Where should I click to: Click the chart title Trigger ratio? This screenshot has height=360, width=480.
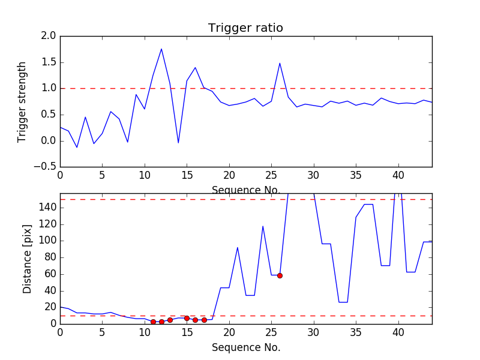pyautogui.click(x=245, y=28)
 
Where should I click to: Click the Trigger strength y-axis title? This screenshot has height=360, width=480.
pyautogui.click(x=22, y=101)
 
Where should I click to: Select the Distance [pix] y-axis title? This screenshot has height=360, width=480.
pyautogui.click(x=27, y=259)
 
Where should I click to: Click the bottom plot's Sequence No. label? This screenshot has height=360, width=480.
pyautogui.click(x=245, y=347)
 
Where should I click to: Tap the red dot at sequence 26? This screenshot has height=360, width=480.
pyautogui.click(x=280, y=275)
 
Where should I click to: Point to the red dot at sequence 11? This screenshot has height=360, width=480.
pyautogui.click(x=153, y=322)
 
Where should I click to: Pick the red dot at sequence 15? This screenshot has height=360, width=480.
pyautogui.click(x=187, y=318)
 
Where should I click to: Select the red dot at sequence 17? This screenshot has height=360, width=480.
pyautogui.click(x=204, y=320)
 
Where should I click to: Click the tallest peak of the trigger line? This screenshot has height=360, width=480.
pyautogui.click(x=161, y=49)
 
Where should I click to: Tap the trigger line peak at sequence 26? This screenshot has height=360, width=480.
pyautogui.click(x=280, y=63)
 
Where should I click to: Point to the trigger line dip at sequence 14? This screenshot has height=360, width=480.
pyautogui.click(x=178, y=143)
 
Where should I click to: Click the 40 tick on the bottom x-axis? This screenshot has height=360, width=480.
pyautogui.click(x=398, y=331)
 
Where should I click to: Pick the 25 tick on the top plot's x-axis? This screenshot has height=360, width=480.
pyautogui.click(x=271, y=175)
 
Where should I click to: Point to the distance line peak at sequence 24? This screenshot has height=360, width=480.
pyautogui.click(x=263, y=226)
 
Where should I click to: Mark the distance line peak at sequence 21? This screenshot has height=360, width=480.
pyautogui.click(x=238, y=247)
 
